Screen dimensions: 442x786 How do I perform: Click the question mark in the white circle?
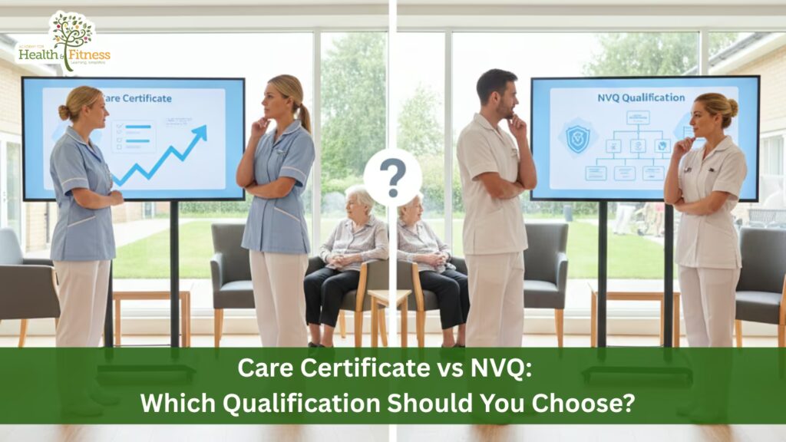coord(392,178)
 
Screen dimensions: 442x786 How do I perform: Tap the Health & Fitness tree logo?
coord(71,32)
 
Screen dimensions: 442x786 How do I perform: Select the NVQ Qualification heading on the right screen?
coord(641,97)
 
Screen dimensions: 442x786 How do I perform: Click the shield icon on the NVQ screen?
coord(577,139)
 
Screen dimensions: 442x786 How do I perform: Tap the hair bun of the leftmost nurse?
coord(63,112)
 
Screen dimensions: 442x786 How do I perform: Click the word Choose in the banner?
coord(596,402)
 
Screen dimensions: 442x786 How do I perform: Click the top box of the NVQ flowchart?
coord(637,117)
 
